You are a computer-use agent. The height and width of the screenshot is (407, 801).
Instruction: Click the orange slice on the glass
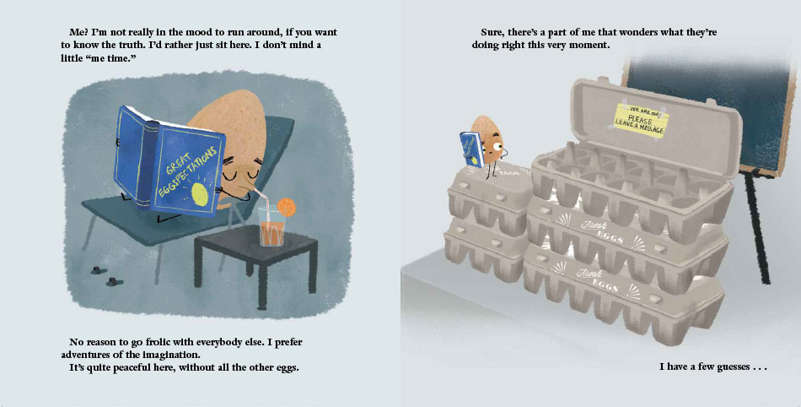click(287, 207)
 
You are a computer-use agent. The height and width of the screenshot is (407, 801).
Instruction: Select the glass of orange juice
click(271, 226)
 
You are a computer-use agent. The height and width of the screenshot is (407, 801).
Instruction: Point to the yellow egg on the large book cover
click(196, 193)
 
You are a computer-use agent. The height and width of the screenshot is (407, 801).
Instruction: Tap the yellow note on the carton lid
click(641, 121)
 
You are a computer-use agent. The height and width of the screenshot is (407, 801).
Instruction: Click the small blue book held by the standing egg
click(472, 149)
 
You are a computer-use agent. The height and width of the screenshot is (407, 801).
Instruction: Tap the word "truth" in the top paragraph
click(117, 45)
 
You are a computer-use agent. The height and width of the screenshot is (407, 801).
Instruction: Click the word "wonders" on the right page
click(633, 32)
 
